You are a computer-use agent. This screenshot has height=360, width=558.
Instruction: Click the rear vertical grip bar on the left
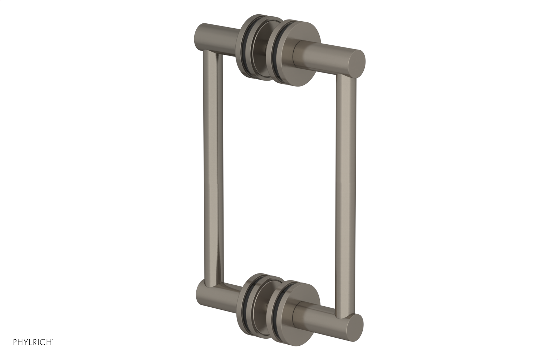tap(211, 174)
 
